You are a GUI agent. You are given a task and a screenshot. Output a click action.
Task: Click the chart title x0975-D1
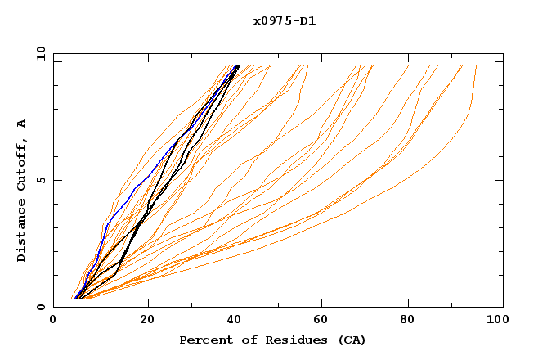click(285, 20)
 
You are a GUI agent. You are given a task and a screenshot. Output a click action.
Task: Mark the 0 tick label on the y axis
click(41, 308)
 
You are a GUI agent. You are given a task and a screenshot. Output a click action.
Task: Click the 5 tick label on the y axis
click(41, 180)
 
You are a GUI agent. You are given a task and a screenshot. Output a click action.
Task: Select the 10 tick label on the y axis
click(38, 53)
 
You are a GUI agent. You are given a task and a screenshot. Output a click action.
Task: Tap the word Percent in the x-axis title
click(203, 340)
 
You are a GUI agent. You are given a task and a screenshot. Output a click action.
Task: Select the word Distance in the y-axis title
click(22, 233)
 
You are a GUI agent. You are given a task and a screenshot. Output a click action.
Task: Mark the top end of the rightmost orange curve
click(476, 66)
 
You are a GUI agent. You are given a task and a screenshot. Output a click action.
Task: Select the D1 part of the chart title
click(308, 20)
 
